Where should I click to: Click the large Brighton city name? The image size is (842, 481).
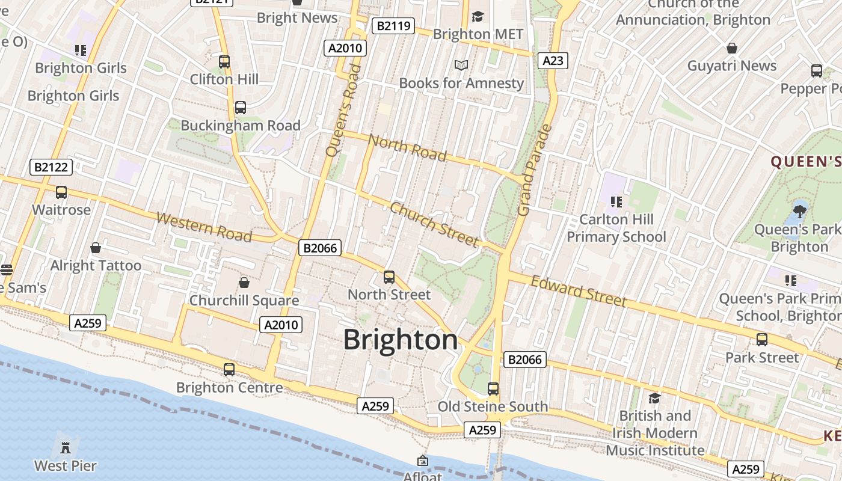pyautogui.click(x=401, y=340)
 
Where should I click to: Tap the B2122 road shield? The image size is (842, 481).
pyautogui.click(x=51, y=167)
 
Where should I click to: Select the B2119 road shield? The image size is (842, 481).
pyautogui.click(x=393, y=26)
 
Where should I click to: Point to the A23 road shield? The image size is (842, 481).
pyautogui.click(x=553, y=60)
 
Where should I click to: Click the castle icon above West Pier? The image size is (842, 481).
pyautogui.click(x=65, y=447)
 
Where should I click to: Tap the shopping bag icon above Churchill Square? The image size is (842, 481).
pyautogui.click(x=244, y=282)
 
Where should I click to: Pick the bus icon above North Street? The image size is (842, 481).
pyautogui.click(x=389, y=277)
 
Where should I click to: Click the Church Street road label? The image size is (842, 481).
pyautogui.click(x=434, y=224)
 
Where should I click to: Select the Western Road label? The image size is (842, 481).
pyautogui.click(x=204, y=227)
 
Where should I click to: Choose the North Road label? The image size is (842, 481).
pyautogui.click(x=407, y=148)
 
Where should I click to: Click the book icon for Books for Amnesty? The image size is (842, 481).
pyautogui.click(x=461, y=65)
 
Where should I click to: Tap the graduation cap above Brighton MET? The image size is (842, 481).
pyautogui.click(x=478, y=16)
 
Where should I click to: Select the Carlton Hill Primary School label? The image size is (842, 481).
pyautogui.click(x=616, y=228)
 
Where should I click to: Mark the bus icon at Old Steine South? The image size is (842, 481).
pyautogui.click(x=493, y=389)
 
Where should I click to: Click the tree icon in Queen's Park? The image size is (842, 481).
pyautogui.click(x=799, y=211)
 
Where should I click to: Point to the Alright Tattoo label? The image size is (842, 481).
pyautogui.click(x=96, y=265)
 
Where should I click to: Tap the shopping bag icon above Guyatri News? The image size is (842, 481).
pyautogui.click(x=732, y=48)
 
